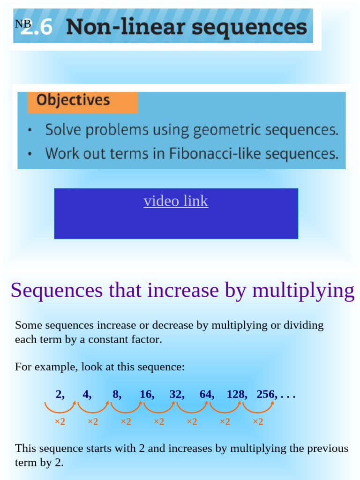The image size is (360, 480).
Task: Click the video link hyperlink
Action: pos(176,201)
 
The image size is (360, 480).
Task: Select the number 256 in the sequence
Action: pos(267,394)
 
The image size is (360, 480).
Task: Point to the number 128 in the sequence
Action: pos(236,394)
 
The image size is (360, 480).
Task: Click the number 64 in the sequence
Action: pos(206,394)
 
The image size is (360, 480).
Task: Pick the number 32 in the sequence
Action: pos(176,394)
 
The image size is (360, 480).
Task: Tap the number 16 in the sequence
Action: pos(146,394)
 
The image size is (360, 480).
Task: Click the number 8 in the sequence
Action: pos(116,394)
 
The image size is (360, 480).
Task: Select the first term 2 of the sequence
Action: pos(59,394)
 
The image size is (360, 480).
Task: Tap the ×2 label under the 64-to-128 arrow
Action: pos(225,422)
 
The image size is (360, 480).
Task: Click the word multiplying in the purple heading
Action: pos(303,291)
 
